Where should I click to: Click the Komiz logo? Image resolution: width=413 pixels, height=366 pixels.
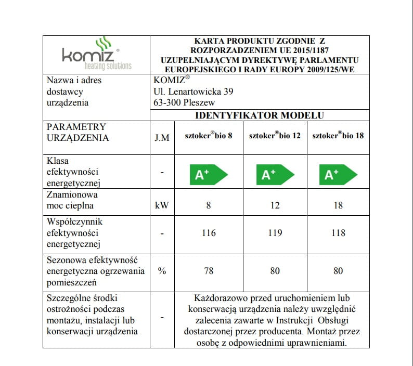[96, 54]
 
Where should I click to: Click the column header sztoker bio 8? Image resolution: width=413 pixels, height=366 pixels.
[209, 136]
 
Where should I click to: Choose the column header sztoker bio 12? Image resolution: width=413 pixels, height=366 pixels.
[275, 136]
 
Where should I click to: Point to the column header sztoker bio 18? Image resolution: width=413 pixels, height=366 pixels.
[338, 136]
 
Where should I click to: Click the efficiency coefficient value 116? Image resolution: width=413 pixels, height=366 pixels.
[209, 233]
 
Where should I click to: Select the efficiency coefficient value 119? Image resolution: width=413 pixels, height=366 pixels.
[275, 233]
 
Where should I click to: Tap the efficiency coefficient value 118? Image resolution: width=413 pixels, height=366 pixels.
[338, 233]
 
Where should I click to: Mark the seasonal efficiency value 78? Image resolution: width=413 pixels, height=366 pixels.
[209, 271]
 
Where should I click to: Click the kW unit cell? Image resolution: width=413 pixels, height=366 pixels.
[162, 205]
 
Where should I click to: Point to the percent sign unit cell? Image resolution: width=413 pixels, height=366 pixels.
[162, 271]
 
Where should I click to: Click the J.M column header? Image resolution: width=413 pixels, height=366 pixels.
[162, 138]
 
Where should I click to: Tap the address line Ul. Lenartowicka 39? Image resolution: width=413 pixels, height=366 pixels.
[193, 91]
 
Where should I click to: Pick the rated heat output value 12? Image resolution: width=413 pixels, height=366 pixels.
[275, 205]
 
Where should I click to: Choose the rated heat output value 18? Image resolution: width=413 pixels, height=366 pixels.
[338, 205]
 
